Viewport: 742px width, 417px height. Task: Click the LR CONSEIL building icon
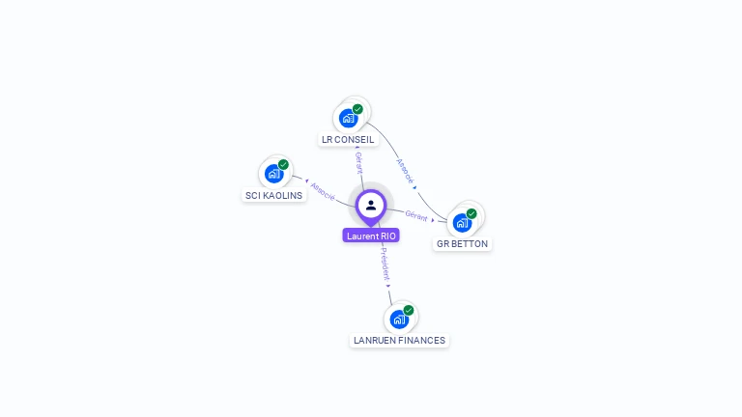coord(349,119)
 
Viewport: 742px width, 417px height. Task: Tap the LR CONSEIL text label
coord(348,140)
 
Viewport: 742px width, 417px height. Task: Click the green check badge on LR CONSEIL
coord(357,109)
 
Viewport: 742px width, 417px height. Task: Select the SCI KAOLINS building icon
coord(273,174)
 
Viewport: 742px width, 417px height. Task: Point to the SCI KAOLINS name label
coord(273,195)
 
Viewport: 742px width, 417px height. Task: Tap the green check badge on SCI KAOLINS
coord(283,164)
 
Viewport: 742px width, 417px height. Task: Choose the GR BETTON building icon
coord(462,223)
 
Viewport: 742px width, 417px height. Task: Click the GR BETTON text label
coord(462,244)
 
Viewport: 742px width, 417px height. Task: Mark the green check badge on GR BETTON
coord(471,213)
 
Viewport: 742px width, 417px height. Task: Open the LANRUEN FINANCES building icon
coord(399,320)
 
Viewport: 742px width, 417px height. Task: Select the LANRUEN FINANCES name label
coord(399,341)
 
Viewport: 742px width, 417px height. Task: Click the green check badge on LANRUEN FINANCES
coord(409,310)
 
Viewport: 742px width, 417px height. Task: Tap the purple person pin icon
coord(371,206)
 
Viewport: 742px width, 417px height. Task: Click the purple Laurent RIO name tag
coord(371,236)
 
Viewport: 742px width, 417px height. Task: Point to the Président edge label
coord(385,264)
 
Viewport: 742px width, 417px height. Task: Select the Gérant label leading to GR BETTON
coord(416,215)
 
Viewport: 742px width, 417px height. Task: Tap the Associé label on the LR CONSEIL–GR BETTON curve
coord(405,171)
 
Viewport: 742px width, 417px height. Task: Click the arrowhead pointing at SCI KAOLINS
coord(294,180)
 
